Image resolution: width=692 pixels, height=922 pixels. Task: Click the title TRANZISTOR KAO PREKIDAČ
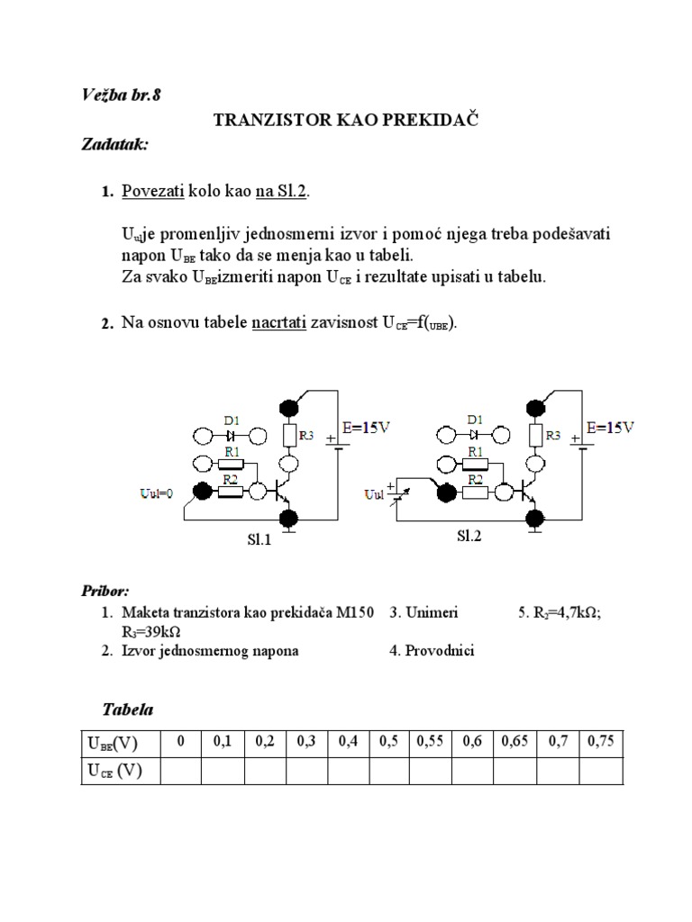click(344, 120)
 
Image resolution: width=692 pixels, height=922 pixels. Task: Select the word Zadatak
click(115, 144)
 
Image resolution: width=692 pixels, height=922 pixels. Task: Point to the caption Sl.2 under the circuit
click(469, 536)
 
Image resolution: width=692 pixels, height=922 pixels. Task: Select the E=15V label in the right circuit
click(610, 429)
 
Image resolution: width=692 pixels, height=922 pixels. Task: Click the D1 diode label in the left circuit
click(230, 420)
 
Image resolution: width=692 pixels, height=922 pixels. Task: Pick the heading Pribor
click(105, 591)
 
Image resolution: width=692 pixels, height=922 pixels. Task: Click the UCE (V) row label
click(114, 772)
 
